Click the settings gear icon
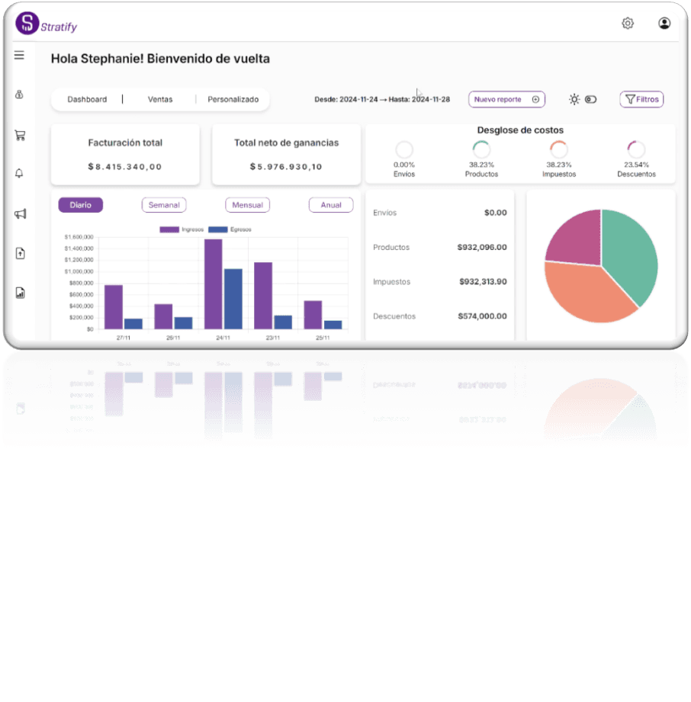tap(628, 24)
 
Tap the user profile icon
tap(664, 24)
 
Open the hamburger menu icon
tap(19, 55)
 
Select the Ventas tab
tap(160, 99)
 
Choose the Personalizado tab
tap(233, 99)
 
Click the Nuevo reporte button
tap(506, 99)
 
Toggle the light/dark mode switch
tap(591, 99)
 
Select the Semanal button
tap(164, 205)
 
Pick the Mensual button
tap(248, 205)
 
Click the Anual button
tap(331, 205)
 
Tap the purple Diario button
tap(80, 205)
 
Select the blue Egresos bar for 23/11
tap(283, 322)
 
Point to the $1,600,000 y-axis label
tap(79, 237)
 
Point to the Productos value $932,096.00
tap(481, 247)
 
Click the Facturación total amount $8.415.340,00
tap(125, 166)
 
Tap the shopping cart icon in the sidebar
tap(20, 136)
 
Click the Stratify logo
tap(27, 23)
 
